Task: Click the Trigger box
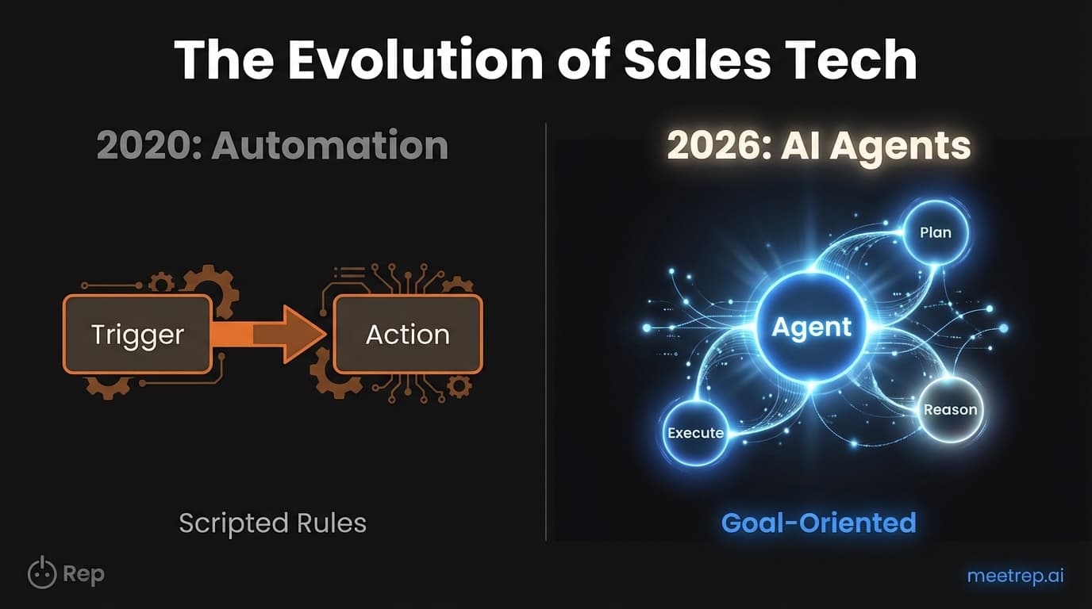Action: point(137,334)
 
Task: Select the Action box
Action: point(407,334)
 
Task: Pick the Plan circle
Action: point(935,233)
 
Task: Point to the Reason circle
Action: point(950,410)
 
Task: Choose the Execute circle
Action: point(696,433)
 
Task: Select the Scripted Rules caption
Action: point(272,523)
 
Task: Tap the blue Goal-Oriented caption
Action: point(818,523)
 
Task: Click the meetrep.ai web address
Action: point(1015,576)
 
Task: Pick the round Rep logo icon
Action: point(42,573)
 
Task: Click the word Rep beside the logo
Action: point(83,574)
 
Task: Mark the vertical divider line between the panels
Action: point(546,333)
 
